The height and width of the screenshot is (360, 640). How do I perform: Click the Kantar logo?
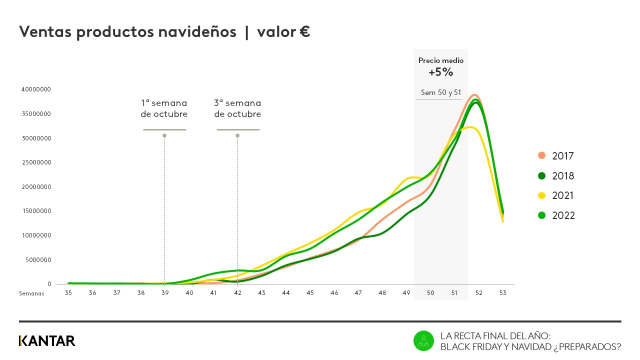pos(47,341)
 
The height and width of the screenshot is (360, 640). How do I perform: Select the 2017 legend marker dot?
pos(541,155)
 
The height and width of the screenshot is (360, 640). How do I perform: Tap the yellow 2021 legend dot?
pos(541,195)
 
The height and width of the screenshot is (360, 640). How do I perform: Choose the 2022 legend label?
pos(563,215)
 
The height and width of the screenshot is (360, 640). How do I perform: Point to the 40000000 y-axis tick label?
pos(36,89)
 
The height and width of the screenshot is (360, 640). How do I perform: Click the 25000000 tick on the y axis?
pos(36,162)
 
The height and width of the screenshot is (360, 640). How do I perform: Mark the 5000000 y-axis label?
pos(38,259)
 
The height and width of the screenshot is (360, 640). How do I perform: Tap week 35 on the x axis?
pos(68,293)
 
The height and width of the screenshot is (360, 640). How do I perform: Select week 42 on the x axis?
pos(237,293)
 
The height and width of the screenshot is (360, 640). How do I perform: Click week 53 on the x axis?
pos(502,293)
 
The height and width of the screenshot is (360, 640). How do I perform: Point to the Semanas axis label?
pos(31,293)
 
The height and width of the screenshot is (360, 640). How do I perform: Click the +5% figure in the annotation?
pos(440,72)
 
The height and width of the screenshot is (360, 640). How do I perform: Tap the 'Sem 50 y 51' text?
pos(440,92)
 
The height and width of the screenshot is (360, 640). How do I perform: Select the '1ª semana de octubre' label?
pos(164,108)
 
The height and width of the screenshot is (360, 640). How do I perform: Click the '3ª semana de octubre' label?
pos(237,108)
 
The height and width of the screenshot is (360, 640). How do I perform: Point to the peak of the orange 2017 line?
pos(474,95)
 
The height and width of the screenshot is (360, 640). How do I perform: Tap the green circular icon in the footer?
pos(423,341)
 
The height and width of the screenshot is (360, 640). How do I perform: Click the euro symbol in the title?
pos(304,32)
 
